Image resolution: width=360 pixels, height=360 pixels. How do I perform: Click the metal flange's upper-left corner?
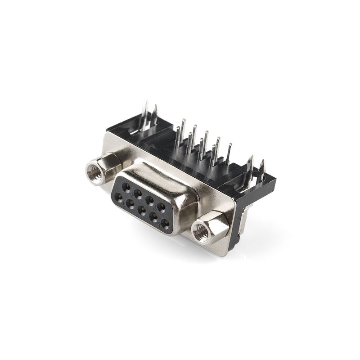tap(108, 131)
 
